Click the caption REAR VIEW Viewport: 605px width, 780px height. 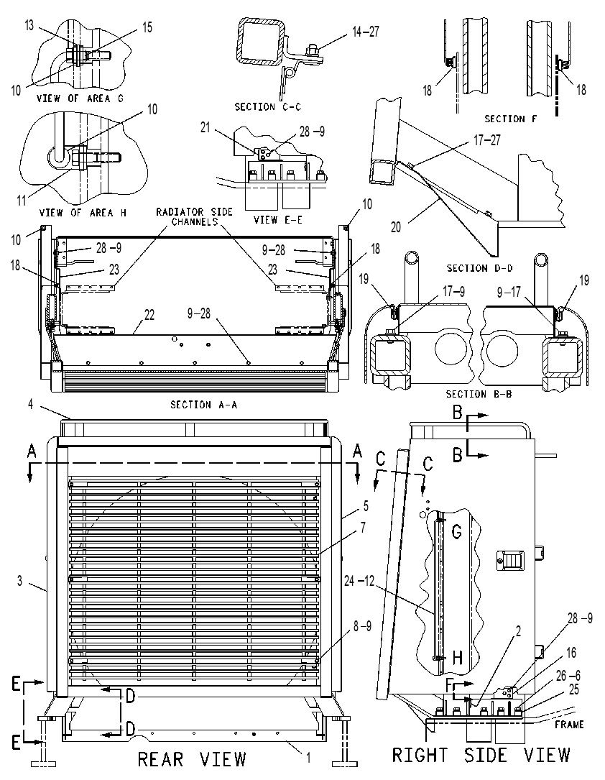[192, 759]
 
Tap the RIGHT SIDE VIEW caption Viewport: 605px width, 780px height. [481, 755]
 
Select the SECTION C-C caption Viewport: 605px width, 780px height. [267, 107]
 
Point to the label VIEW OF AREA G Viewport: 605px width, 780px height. [80, 98]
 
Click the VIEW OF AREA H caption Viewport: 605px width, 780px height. [83, 213]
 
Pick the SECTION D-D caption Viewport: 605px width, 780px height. [480, 268]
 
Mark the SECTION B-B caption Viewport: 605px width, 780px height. [479, 394]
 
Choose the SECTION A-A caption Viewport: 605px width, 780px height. [204, 405]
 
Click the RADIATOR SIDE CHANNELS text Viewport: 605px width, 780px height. [195, 216]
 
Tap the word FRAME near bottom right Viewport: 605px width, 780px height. [569, 725]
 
